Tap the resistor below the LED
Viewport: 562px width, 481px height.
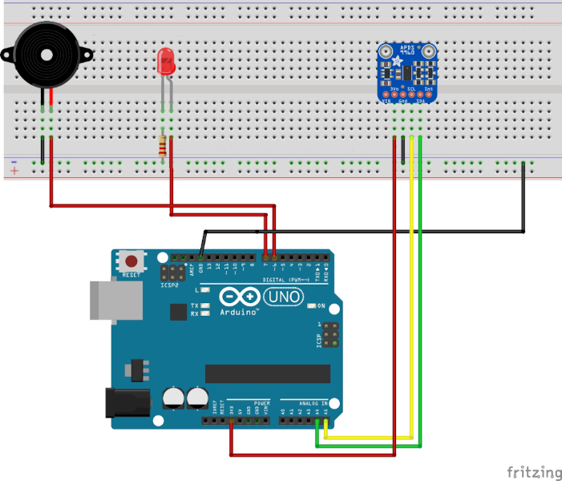(165, 146)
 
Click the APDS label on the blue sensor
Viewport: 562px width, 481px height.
(407, 48)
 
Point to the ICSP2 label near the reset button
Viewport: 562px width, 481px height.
(169, 285)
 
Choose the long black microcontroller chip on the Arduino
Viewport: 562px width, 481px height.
(267, 374)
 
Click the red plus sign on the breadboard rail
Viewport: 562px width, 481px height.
(14, 171)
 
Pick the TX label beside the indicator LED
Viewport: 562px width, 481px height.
(194, 305)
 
